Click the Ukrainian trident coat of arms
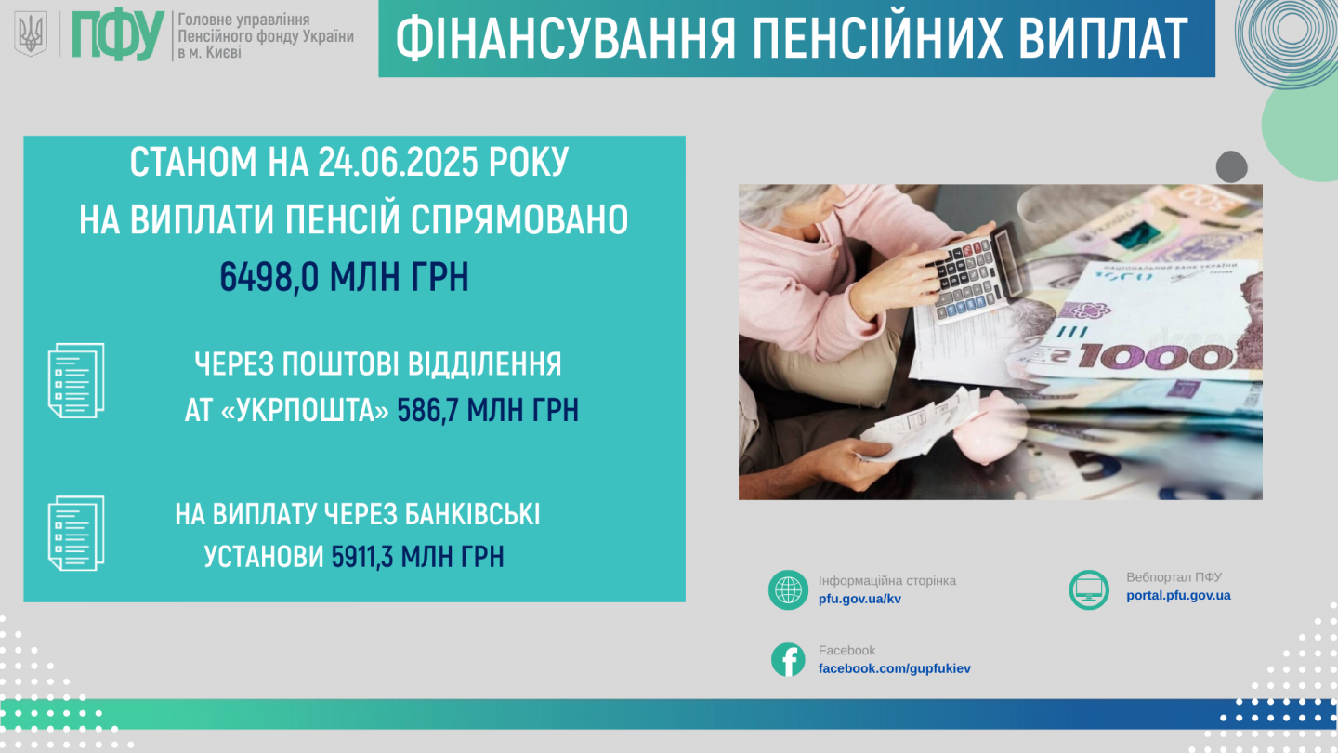(31, 34)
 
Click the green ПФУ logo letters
(118, 35)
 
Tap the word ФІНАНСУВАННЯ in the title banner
(566, 38)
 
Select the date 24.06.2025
(398, 162)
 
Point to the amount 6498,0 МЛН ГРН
(344, 276)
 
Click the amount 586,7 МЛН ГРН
(488, 411)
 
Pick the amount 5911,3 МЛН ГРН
(417, 556)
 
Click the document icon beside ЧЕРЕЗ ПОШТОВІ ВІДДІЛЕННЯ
(76, 381)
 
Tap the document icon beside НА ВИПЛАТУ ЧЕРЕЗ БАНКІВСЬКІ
(76, 533)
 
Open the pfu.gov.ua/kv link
(859, 599)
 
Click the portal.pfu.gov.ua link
(1178, 595)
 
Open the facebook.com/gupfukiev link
(894, 668)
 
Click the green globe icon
(788, 589)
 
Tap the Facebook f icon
(788, 660)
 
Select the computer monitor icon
(1089, 589)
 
